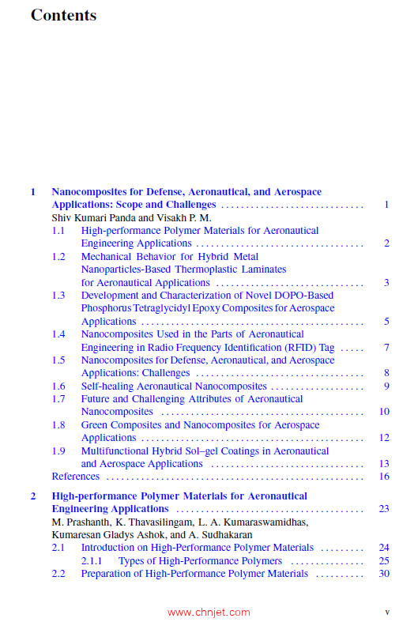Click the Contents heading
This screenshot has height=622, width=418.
(x=63, y=15)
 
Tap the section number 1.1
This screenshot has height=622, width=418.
(x=58, y=231)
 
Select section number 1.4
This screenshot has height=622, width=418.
(x=58, y=334)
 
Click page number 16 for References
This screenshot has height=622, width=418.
(x=384, y=477)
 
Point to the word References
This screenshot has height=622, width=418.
(x=75, y=477)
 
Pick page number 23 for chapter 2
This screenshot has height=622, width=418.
(x=384, y=509)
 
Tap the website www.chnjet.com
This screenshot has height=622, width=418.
(x=209, y=612)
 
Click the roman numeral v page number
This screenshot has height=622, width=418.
(x=387, y=612)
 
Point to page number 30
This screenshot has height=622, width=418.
(x=384, y=574)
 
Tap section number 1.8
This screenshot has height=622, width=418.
(x=58, y=425)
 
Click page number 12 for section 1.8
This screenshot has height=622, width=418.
(x=384, y=438)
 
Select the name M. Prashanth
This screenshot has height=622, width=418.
(x=83, y=522)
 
